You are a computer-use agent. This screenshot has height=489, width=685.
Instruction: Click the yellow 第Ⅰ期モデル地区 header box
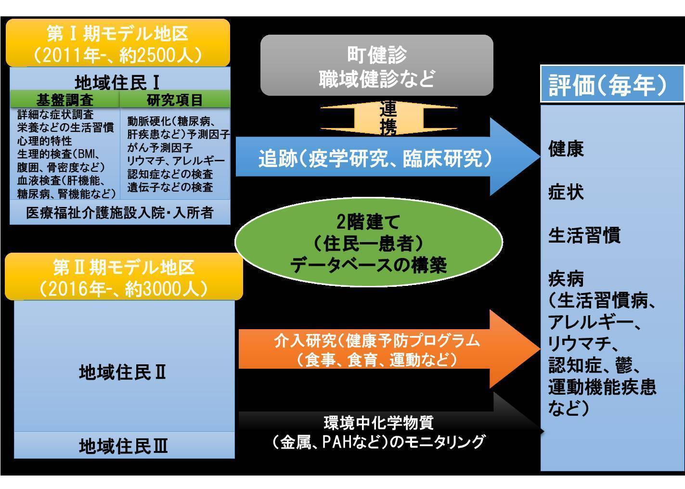click(x=117, y=43)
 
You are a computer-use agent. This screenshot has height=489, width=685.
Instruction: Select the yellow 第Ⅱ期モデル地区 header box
click(x=123, y=277)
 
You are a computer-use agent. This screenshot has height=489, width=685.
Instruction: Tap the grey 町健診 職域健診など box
click(x=376, y=66)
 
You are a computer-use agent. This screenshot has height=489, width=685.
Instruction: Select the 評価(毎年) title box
click(x=611, y=85)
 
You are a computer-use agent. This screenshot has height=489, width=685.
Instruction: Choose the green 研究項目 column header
click(x=175, y=100)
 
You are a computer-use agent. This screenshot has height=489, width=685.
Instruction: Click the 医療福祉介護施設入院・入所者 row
click(x=119, y=212)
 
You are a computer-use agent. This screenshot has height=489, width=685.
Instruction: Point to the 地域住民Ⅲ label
click(x=123, y=446)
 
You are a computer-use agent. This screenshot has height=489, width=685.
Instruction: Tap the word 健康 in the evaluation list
click(x=566, y=149)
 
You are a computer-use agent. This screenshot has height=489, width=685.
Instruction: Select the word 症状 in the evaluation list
click(x=566, y=192)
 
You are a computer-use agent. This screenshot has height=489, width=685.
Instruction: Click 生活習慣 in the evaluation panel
click(x=584, y=235)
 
